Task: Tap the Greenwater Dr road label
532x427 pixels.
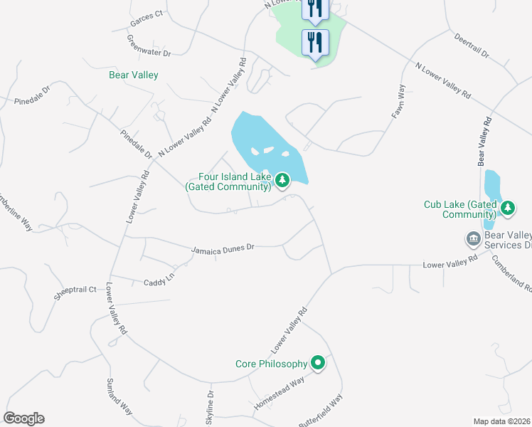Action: point(149,46)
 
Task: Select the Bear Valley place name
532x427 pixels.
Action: point(133,75)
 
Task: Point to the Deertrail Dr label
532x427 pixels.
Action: point(471,44)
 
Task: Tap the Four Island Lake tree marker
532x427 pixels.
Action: point(283,181)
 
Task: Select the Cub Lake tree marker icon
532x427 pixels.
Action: point(507,208)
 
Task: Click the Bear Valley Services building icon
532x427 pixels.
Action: point(472,238)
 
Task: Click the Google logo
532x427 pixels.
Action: point(23,418)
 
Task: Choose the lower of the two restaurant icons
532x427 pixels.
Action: point(315,42)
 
